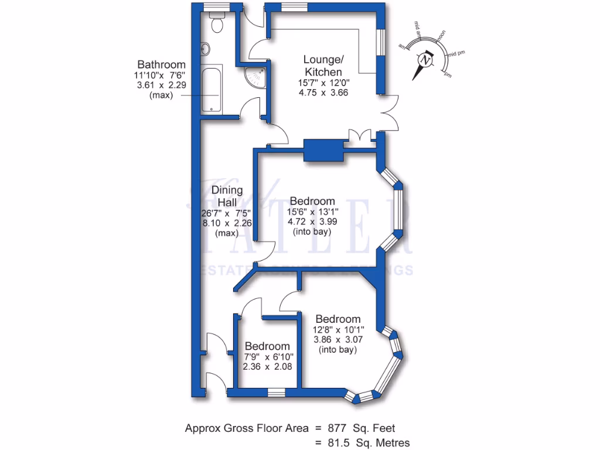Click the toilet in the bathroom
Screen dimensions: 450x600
[216, 24]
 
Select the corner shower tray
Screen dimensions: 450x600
[255, 77]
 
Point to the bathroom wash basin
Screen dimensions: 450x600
[204, 50]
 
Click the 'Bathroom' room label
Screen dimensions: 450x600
[161, 64]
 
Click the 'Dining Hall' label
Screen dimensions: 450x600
[227, 196]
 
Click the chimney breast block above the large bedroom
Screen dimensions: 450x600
[323, 149]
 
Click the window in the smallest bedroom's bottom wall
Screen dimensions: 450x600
[277, 392]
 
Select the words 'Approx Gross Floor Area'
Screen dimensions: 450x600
[247, 428]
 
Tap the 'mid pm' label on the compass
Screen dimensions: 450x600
[457, 54]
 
